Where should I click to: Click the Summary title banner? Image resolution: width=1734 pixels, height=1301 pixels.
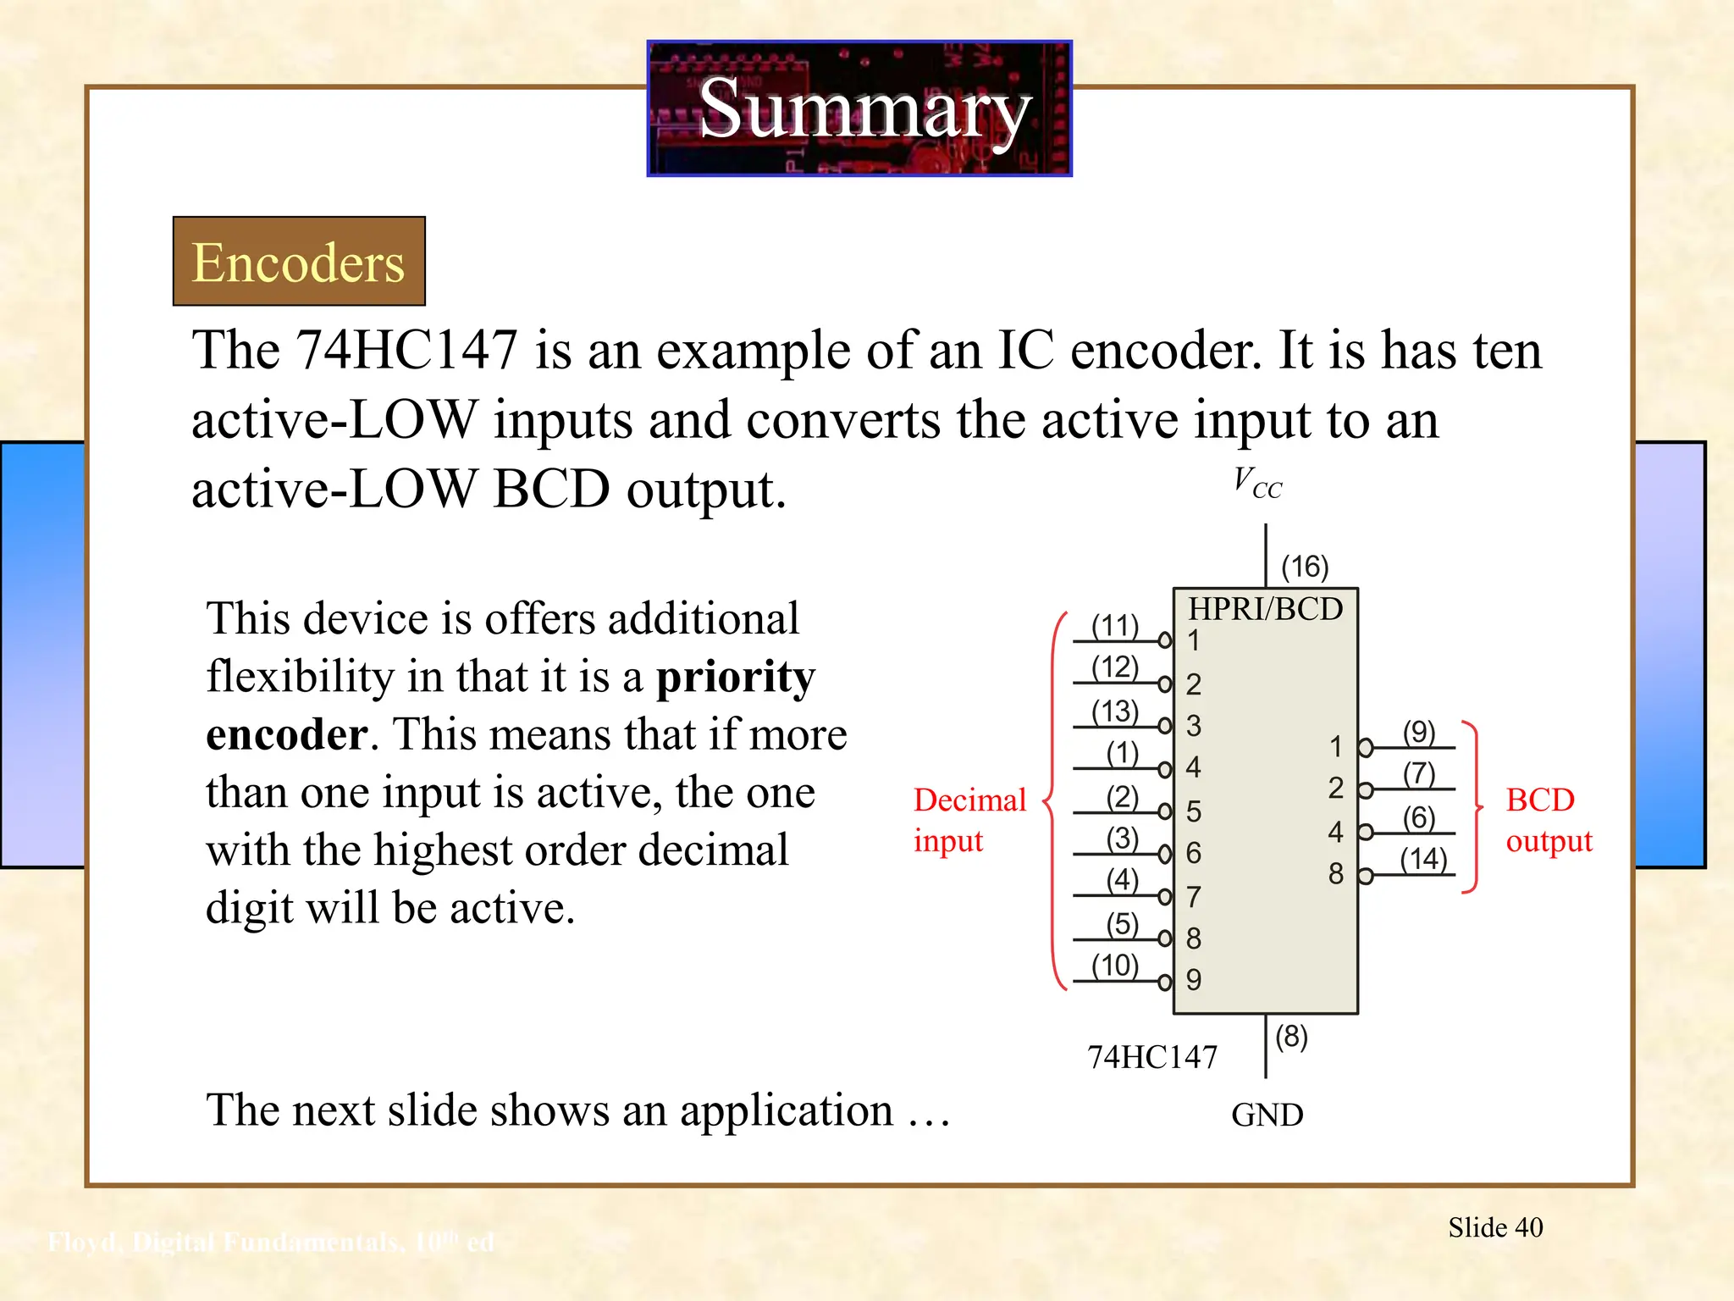(x=859, y=108)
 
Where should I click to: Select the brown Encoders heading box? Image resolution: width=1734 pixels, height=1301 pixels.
(x=299, y=261)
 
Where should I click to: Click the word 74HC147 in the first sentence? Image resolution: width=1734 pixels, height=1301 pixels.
(x=406, y=350)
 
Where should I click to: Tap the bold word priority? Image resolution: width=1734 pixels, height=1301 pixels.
(x=735, y=677)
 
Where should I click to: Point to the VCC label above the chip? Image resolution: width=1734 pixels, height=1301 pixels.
(x=1257, y=483)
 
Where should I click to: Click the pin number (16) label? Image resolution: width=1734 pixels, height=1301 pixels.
(x=1305, y=567)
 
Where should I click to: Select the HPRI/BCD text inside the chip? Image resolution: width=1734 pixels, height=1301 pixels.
(x=1265, y=609)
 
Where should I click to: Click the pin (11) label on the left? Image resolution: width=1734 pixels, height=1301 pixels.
(x=1114, y=626)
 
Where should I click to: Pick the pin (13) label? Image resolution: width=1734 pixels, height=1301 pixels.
(x=1114, y=711)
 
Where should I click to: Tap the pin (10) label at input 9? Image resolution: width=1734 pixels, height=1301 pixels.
(x=1114, y=965)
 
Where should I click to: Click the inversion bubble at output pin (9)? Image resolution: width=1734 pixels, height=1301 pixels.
(x=1365, y=748)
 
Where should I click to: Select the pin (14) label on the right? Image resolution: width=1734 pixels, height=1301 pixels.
(x=1423, y=859)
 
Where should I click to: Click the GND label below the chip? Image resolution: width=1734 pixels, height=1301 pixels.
(x=1267, y=1115)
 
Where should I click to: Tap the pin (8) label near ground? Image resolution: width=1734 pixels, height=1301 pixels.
(x=1291, y=1036)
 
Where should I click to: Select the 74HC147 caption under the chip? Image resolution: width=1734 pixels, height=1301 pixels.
(x=1151, y=1057)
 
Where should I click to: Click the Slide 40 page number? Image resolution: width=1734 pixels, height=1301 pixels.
(x=1495, y=1227)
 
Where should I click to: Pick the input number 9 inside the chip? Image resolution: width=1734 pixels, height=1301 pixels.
(x=1194, y=980)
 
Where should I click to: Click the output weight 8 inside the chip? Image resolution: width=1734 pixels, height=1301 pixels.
(x=1336, y=873)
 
